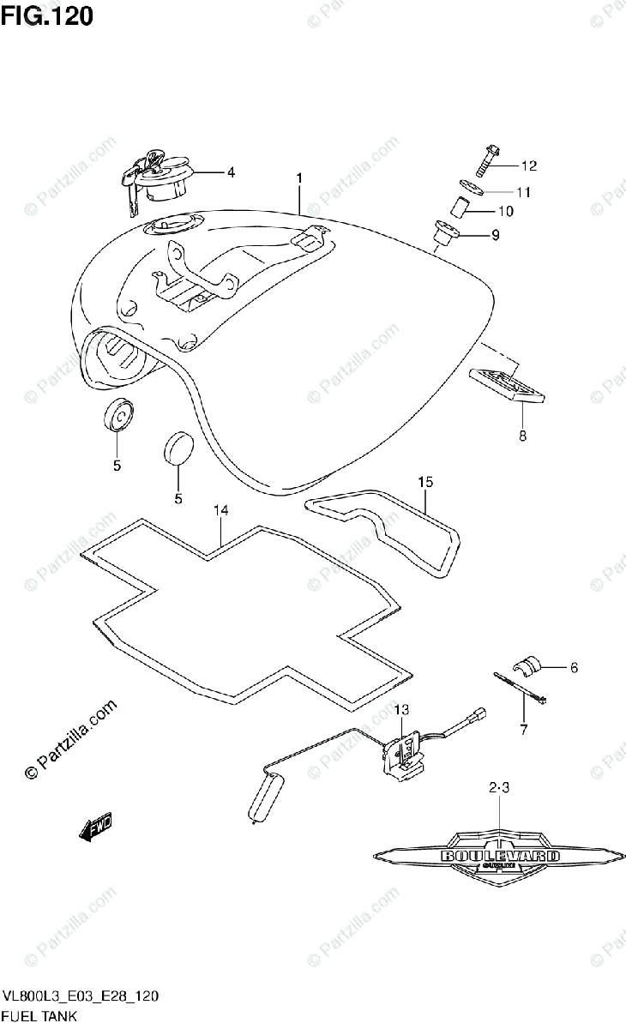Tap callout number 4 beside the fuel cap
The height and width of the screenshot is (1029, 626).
coord(230,171)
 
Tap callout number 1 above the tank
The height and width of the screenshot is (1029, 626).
coord(299,178)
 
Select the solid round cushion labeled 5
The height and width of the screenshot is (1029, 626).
coord(178,448)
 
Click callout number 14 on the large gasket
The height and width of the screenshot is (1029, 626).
coord(221,511)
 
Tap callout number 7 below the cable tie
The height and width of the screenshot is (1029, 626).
coord(525,731)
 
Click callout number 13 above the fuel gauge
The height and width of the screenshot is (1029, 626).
coord(402,709)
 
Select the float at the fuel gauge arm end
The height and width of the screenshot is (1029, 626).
coord(265,795)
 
